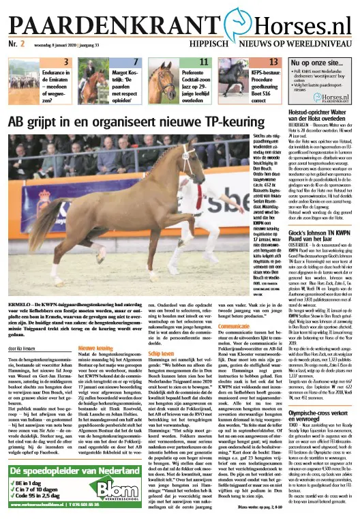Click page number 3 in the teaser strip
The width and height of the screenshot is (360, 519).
[x=67, y=62]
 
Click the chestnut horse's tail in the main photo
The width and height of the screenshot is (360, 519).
[x=46, y=224]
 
